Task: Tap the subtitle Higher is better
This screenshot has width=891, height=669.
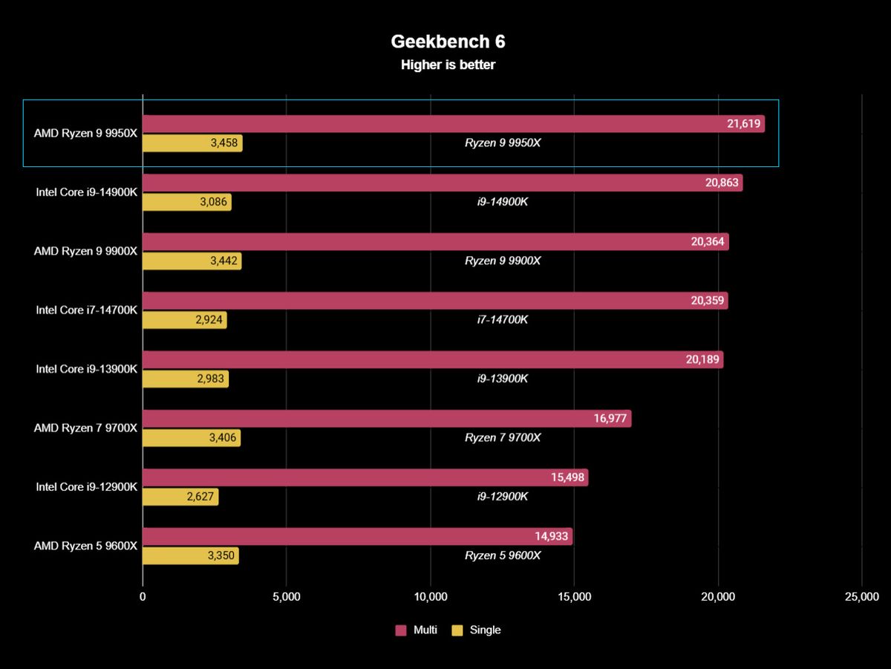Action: point(448,65)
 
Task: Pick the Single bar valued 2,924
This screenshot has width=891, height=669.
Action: point(184,320)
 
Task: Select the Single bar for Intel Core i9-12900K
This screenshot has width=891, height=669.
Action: point(180,497)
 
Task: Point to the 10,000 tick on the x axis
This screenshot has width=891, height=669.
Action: point(431,597)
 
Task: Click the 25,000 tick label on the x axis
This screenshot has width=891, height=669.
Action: point(861,597)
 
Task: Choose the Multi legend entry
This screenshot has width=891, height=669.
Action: point(425,630)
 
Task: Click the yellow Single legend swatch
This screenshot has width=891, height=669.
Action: point(457,630)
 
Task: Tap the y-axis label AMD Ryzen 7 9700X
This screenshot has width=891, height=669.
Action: point(85,428)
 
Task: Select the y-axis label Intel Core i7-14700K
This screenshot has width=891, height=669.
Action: point(86,310)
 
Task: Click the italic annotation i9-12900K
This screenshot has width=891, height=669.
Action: point(503,497)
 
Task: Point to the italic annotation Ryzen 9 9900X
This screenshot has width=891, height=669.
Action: point(503,261)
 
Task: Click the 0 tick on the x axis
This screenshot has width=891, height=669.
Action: point(143,597)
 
